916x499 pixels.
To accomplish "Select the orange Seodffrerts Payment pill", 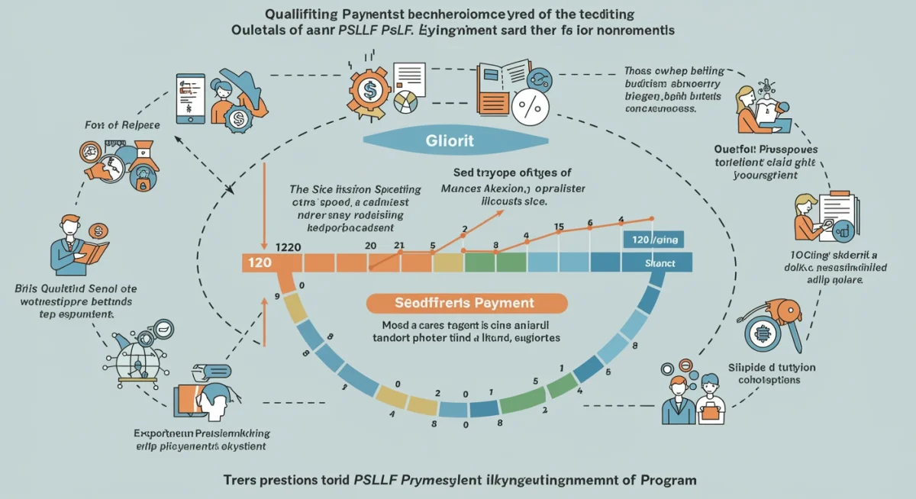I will click(x=467, y=303).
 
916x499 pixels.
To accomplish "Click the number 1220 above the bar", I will click(x=287, y=246).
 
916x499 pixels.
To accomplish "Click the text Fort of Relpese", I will click(x=122, y=124).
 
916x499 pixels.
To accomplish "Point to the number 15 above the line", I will click(x=559, y=227).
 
